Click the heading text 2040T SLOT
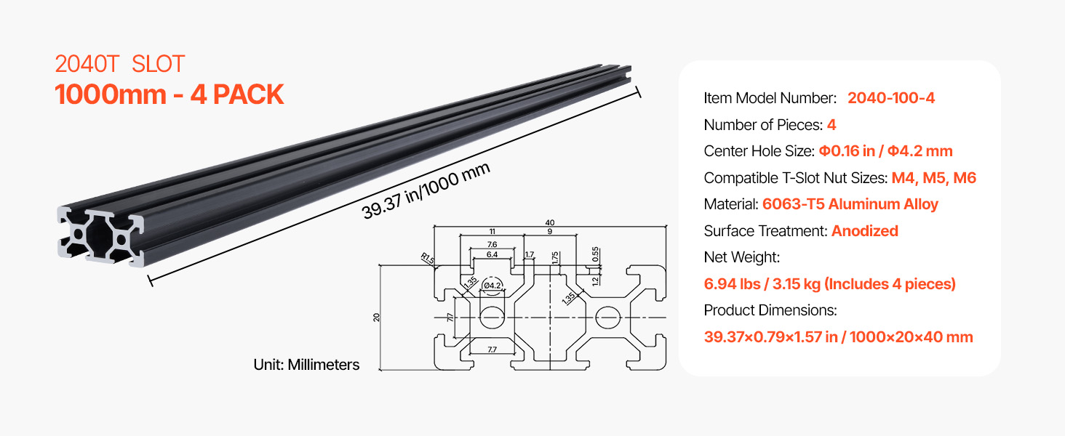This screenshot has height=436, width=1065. pyautogui.click(x=120, y=64)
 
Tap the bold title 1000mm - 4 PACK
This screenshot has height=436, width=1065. pyautogui.click(x=169, y=94)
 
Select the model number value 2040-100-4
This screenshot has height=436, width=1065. pyautogui.click(x=891, y=98)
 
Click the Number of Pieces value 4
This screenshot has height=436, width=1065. pyautogui.click(x=831, y=124)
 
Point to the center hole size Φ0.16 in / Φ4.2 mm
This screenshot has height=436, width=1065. pyautogui.click(x=885, y=151)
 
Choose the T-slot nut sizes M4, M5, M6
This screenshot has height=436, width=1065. pyautogui.click(x=934, y=177)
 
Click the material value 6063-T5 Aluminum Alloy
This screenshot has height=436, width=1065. pyautogui.click(x=850, y=204)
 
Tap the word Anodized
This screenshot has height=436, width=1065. pyautogui.click(x=864, y=231)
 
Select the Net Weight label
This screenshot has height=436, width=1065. pyautogui.click(x=742, y=257)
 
